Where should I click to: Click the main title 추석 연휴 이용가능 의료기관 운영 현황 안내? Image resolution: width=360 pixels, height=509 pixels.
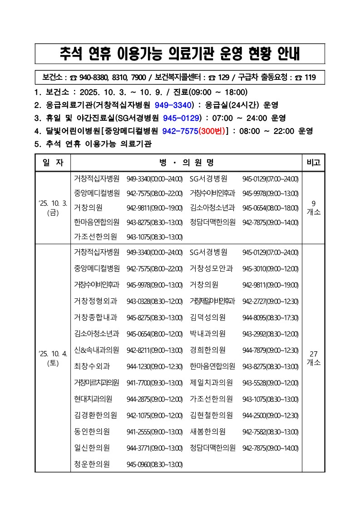[180, 54]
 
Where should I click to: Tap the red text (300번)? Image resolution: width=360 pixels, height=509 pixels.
[212, 131]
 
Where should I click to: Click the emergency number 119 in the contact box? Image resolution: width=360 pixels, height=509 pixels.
[310, 78]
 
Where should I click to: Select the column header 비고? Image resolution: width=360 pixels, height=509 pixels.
[314, 163]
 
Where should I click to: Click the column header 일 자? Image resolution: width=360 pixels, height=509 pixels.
[53, 163]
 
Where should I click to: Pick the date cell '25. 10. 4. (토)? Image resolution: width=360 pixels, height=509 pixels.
[53, 358]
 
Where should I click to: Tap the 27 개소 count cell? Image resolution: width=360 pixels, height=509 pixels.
[314, 358]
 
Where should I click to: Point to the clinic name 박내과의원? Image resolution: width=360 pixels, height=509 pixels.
[208, 334]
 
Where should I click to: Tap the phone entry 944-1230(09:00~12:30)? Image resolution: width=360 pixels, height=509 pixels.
[154, 366]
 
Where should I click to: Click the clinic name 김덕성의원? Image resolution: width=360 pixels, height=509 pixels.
[208, 317]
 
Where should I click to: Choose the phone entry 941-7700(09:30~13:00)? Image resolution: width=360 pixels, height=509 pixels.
[154, 383]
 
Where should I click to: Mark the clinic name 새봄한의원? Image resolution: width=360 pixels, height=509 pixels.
[208, 431]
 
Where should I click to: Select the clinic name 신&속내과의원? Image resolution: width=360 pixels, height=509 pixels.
[97, 350]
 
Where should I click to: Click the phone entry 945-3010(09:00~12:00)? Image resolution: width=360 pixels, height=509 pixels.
[270, 269]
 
